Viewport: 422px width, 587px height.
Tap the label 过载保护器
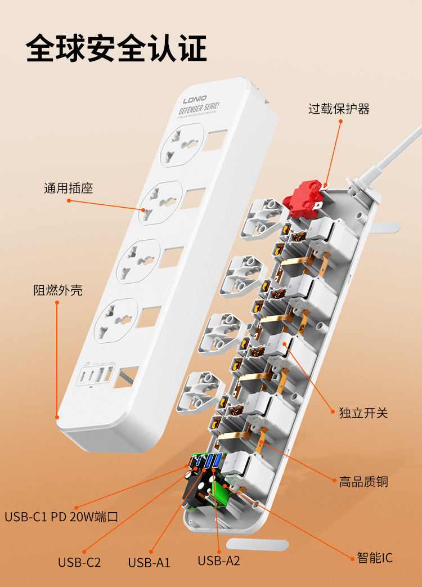point(339,109)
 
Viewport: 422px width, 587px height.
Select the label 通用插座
point(69,189)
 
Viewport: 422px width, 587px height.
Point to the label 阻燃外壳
point(58,290)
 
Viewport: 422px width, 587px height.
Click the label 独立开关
point(363,413)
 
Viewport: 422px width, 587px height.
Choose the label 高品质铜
point(363,482)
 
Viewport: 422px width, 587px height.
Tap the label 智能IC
point(375,558)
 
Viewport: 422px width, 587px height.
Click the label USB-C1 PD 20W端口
point(62,517)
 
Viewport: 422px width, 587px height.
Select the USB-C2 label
point(79,562)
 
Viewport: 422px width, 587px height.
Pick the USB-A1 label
point(149,562)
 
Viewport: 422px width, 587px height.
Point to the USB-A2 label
point(219,561)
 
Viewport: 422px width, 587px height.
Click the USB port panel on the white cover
point(97,374)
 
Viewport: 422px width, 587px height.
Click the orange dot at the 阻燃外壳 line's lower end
point(57,417)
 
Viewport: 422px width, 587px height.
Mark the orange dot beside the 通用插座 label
point(69,200)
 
